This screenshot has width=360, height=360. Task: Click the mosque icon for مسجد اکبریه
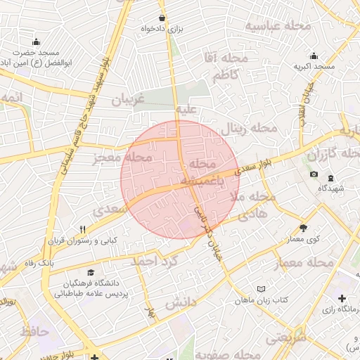coord(314,56)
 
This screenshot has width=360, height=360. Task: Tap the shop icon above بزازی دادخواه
coord(162,18)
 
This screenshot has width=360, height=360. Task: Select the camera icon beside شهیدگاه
coord(314,174)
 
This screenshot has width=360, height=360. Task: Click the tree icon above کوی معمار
coord(303,228)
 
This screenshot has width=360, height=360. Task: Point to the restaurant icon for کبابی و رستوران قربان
coord(83,229)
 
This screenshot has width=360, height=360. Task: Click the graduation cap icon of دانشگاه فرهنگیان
coord(90,272)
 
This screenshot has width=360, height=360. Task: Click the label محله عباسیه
coord(278,26)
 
